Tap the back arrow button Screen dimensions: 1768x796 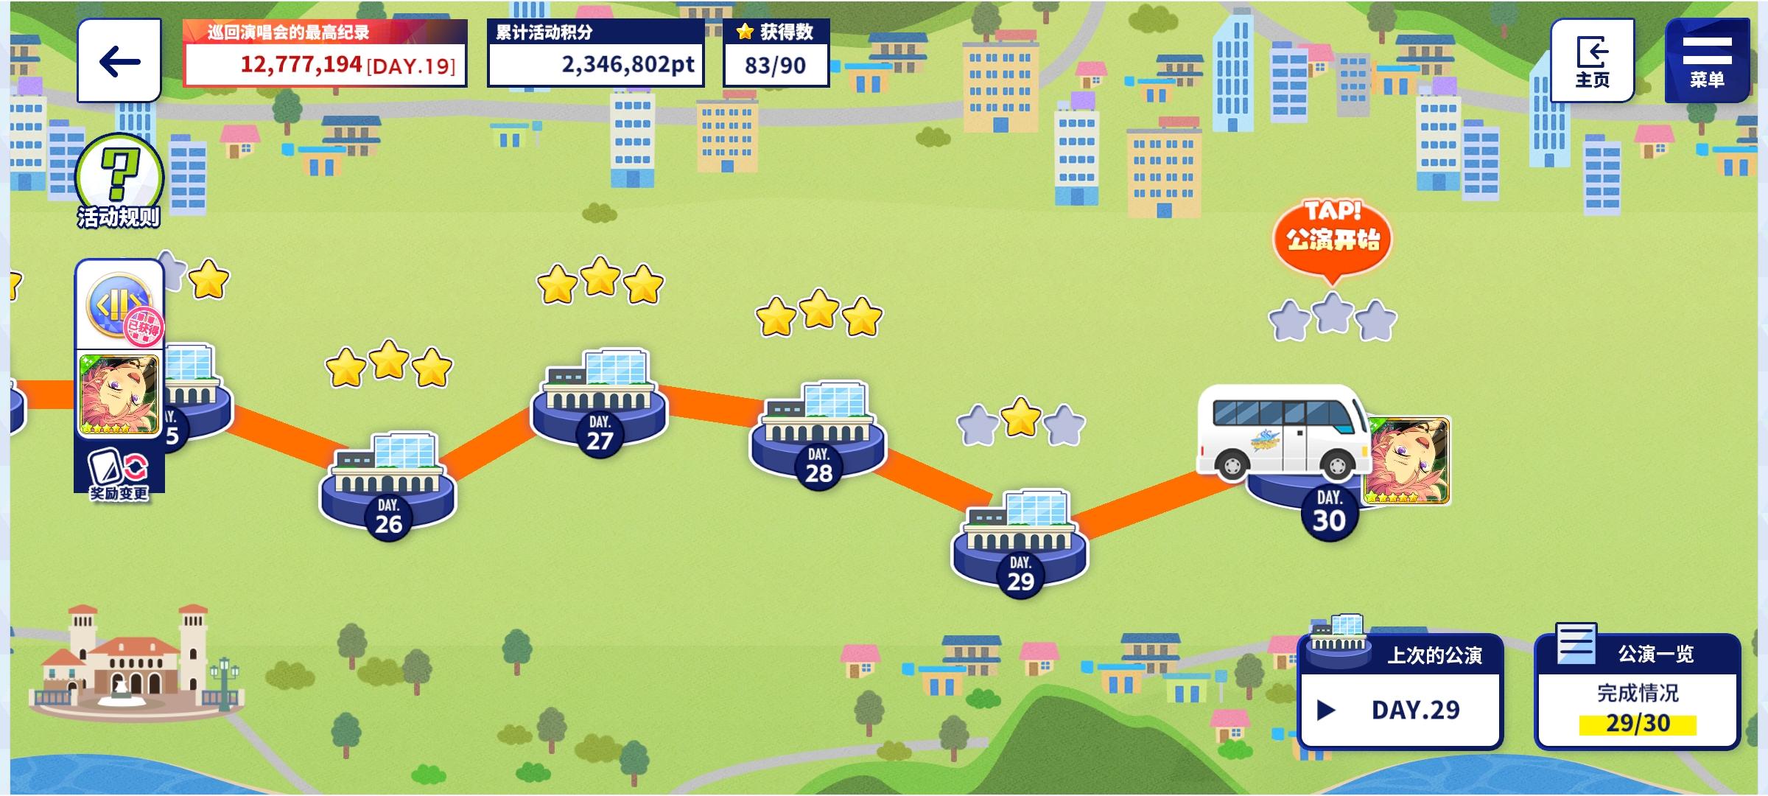click(x=119, y=60)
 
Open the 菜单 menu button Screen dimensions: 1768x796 click(x=1707, y=60)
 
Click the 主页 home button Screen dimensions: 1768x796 click(x=1592, y=60)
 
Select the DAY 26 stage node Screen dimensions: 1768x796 click(x=388, y=487)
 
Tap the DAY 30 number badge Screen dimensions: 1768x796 click(x=1329, y=513)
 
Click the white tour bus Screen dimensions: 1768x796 click(x=1283, y=433)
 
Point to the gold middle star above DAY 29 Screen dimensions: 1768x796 click(x=1021, y=417)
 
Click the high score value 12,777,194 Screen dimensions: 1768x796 click(x=301, y=65)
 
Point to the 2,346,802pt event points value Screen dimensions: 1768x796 click(x=628, y=65)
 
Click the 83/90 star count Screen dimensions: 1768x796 click(x=775, y=66)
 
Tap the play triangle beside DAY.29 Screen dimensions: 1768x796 click(x=1326, y=710)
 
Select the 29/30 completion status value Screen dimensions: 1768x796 click(x=1638, y=723)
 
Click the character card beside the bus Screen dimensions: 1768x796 click(x=1408, y=461)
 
